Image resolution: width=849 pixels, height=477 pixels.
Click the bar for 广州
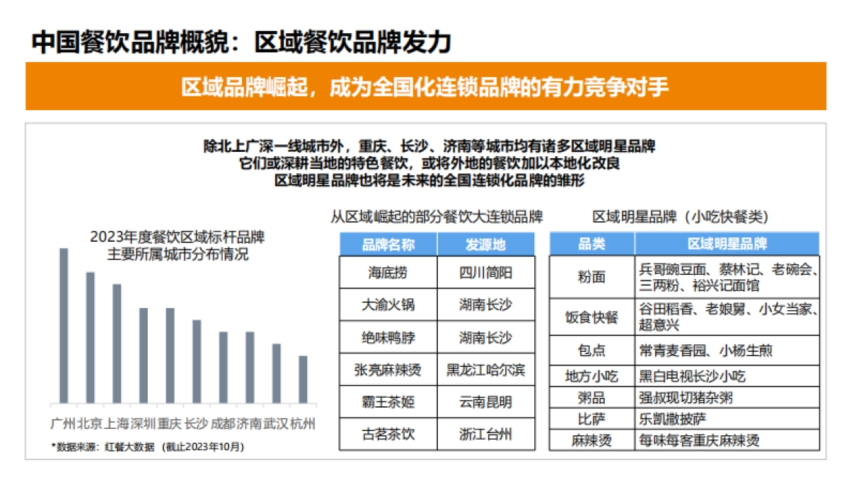click(64, 325)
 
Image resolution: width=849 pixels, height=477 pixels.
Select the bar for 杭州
click(303, 379)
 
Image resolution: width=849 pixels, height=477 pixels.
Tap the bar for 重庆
click(170, 355)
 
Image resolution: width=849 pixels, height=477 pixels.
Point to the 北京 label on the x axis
click(90, 424)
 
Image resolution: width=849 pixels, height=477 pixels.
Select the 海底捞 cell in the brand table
click(388, 273)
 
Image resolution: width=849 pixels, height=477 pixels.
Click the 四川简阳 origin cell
click(485, 273)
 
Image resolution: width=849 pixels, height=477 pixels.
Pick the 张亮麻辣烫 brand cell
click(388, 370)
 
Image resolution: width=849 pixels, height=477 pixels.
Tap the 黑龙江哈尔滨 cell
click(485, 370)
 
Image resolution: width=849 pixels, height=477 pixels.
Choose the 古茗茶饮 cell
click(388, 434)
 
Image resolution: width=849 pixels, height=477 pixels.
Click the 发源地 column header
click(485, 245)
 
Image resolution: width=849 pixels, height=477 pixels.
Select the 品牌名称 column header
click(388, 245)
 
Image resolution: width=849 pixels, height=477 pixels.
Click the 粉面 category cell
click(591, 276)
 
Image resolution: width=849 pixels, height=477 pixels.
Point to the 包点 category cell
click(591, 349)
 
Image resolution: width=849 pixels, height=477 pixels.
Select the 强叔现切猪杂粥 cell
click(686, 397)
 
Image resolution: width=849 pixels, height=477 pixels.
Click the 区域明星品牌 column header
click(727, 245)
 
